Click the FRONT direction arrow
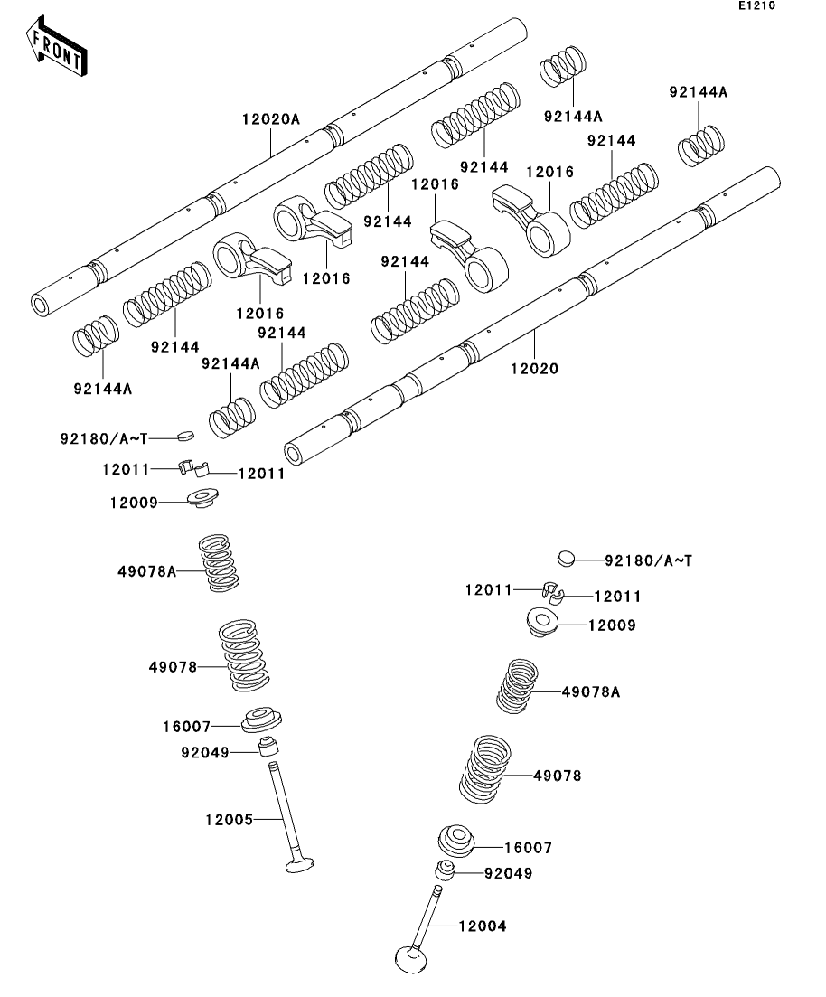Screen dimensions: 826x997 click(56, 48)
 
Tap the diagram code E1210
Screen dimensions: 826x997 click(756, 5)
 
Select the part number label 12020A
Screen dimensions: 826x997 click(270, 119)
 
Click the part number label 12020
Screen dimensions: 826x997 click(534, 368)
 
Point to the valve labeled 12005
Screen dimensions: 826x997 click(286, 817)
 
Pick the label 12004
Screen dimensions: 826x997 click(482, 926)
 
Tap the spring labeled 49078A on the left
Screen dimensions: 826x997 click(219, 563)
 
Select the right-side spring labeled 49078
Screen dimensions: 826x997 click(485, 768)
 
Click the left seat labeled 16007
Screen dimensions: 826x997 click(260, 720)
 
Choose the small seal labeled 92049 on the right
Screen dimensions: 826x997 click(446, 870)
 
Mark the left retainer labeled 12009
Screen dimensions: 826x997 click(202, 496)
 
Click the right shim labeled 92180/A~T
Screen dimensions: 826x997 click(566, 559)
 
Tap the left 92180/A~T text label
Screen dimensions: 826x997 click(104, 438)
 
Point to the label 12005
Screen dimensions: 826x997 click(229, 820)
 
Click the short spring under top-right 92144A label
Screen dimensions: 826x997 click(700, 145)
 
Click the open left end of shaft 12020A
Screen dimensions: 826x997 click(41, 306)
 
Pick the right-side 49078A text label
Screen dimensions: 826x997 click(591, 691)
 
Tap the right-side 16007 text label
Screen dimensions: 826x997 click(528, 848)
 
